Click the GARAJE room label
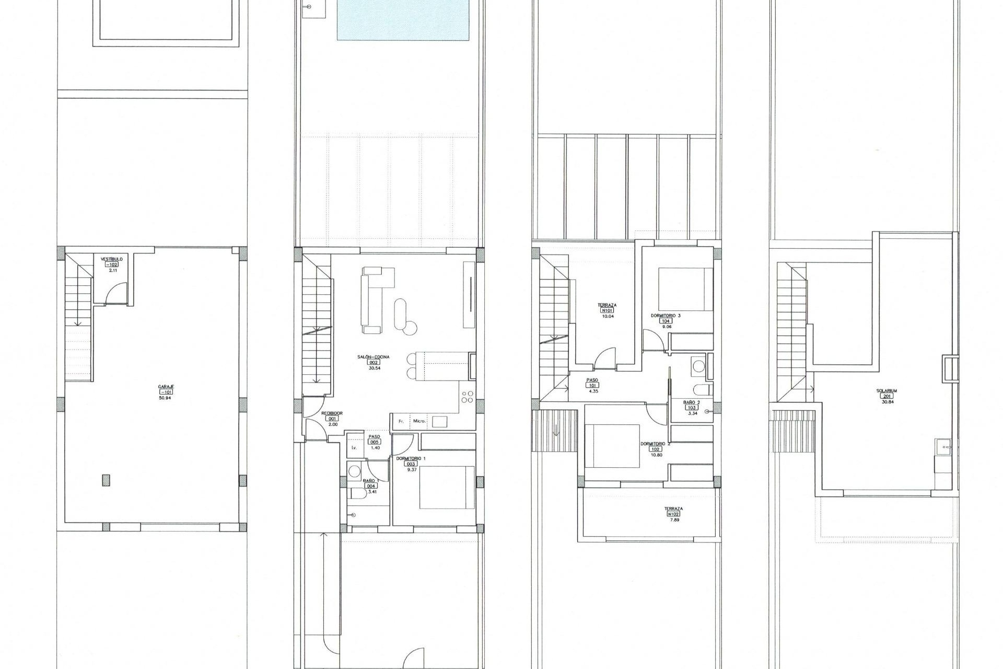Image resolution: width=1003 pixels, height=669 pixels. tap(166, 387)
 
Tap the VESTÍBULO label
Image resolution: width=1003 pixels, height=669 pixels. tap(112, 259)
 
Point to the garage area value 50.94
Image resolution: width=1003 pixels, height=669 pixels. tap(166, 398)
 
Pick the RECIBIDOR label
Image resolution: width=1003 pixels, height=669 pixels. tap(332, 413)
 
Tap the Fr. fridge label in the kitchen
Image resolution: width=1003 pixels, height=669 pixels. tap(401, 421)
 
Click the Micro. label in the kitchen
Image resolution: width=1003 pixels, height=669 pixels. tap(419, 421)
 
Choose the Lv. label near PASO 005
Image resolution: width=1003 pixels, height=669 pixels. tap(354, 448)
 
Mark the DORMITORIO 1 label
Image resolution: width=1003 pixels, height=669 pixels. tap(411, 458)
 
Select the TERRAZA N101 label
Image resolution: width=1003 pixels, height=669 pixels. tap(607, 305)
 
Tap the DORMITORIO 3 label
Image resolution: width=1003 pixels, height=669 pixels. tap(666, 316)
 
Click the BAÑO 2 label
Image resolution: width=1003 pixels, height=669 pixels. tap(692, 402)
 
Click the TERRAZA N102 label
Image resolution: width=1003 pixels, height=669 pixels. tap(673, 509)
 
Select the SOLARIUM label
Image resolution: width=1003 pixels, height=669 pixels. tap(887, 390)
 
